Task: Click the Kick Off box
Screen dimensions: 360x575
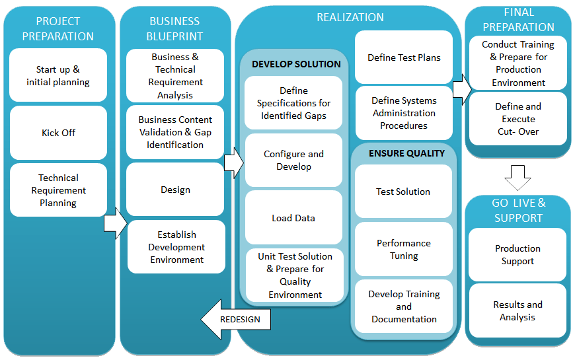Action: click(x=58, y=133)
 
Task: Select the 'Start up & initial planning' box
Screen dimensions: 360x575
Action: click(x=58, y=75)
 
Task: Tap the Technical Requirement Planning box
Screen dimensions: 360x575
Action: click(x=58, y=190)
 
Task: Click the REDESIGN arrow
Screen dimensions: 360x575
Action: click(x=235, y=319)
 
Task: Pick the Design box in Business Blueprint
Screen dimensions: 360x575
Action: click(x=175, y=190)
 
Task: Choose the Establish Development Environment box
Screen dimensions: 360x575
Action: click(x=176, y=247)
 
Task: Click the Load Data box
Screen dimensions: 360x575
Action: click(x=293, y=218)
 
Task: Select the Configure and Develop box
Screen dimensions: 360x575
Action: click(x=293, y=161)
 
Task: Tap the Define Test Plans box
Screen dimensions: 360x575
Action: click(x=404, y=57)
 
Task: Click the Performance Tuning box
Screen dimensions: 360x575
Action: click(x=404, y=249)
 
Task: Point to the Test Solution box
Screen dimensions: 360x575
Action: click(x=403, y=192)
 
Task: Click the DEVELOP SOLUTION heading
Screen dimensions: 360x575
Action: click(x=296, y=64)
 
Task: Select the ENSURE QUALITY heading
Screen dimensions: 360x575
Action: click(x=406, y=153)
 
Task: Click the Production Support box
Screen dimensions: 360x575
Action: click(x=517, y=255)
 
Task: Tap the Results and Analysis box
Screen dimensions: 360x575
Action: click(x=517, y=311)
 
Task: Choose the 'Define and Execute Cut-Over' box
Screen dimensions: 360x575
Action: click(x=517, y=119)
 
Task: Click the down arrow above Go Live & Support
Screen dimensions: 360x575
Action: click(x=518, y=178)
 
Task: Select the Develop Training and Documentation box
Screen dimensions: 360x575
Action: click(x=404, y=306)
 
